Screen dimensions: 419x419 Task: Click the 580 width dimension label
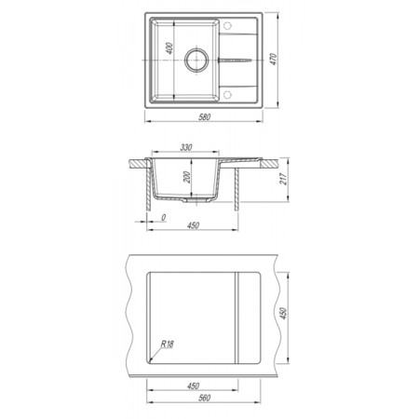205,116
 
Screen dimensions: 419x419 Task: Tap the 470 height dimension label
273,59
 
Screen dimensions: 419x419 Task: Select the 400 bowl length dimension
169,48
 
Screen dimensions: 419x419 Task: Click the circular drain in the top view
196,60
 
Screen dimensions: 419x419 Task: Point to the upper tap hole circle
227,25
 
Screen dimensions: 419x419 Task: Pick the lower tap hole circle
227,94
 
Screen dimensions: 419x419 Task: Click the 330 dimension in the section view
186,147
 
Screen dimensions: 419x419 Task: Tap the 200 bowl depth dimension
187,177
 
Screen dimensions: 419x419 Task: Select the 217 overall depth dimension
283,179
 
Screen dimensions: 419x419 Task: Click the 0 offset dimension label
163,218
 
